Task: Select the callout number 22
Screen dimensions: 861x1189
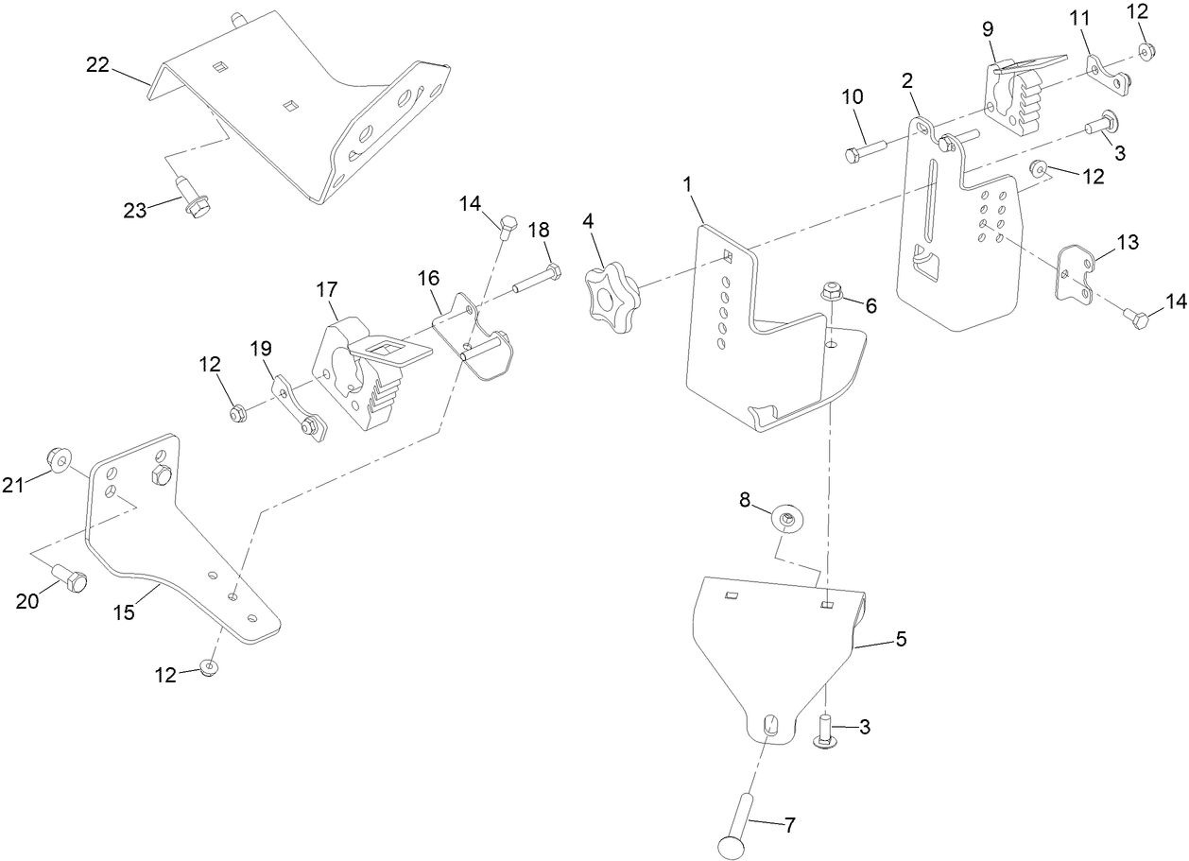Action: pyautogui.click(x=98, y=65)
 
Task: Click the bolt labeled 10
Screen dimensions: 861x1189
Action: pyautogui.click(x=863, y=149)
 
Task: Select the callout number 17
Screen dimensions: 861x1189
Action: pyautogui.click(x=327, y=289)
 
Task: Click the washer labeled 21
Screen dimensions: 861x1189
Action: pyautogui.click(x=61, y=462)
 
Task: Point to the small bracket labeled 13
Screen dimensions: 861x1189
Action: pyautogui.click(x=1075, y=274)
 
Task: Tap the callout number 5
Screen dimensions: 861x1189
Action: pyautogui.click(x=901, y=639)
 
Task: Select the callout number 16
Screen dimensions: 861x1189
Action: pyautogui.click(x=429, y=278)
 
